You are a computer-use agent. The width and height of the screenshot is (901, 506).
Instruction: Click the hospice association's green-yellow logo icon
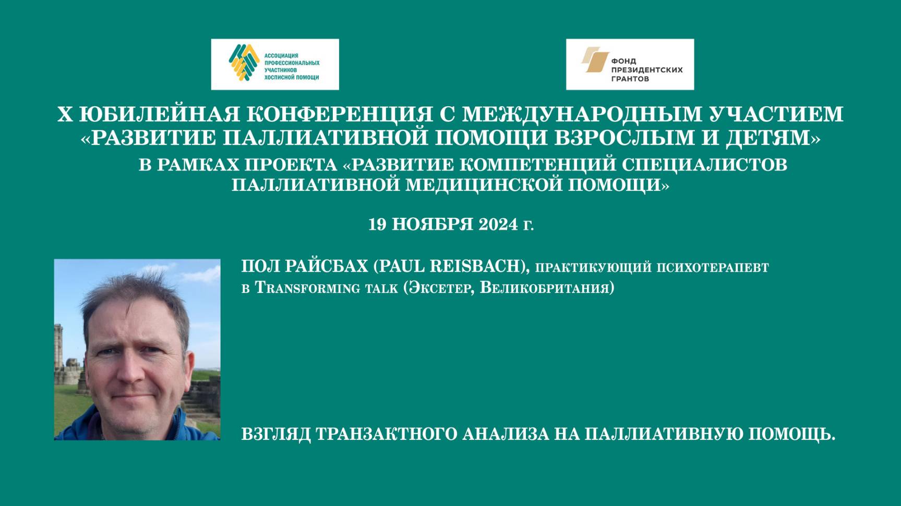point(244,63)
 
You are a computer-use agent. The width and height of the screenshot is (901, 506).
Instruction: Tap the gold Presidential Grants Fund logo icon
point(595,59)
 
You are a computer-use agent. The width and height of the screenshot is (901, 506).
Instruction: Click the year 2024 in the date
point(498,224)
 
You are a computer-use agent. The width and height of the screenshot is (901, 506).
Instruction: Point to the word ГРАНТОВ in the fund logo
point(630,79)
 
